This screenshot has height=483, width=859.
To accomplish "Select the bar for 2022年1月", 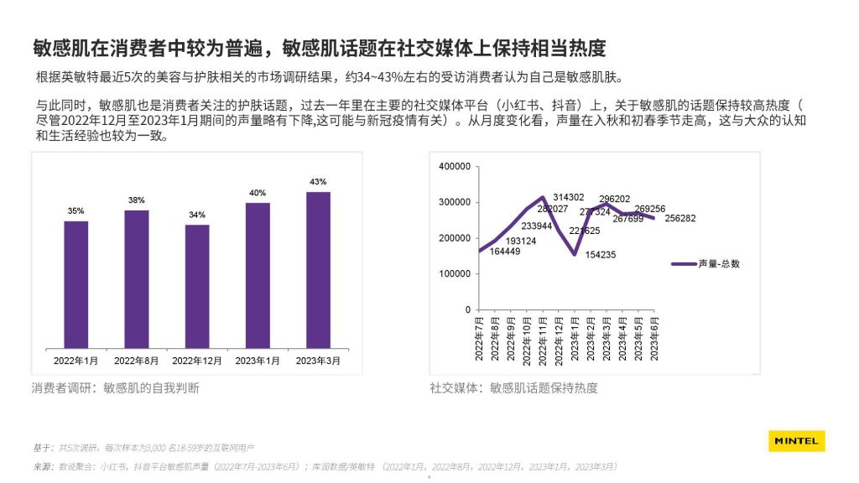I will (76, 285).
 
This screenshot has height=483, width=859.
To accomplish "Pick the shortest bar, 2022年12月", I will (197, 287).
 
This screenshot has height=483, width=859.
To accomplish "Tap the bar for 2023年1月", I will (258, 276).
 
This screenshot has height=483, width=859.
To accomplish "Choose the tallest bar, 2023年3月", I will (318, 270).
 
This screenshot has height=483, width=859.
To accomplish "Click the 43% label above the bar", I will (318, 182).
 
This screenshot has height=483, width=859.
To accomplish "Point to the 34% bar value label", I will (197, 215).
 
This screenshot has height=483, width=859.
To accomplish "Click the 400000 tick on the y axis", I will (455, 166).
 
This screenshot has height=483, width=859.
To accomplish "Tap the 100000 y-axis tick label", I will (455, 274).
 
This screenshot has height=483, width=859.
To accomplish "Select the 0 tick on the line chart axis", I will (468, 310).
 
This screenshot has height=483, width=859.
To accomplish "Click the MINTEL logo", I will (796, 441).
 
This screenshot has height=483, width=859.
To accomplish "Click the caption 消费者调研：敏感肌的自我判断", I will (116, 388).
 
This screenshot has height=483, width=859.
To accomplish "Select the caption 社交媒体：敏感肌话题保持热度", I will (513, 388).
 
